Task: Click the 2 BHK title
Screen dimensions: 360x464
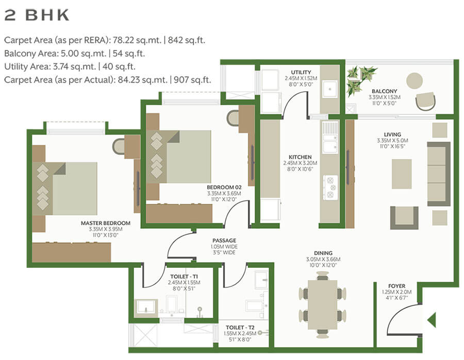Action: [37, 15]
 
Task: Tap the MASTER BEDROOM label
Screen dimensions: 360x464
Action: [105, 223]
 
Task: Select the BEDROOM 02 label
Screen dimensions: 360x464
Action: [224, 186]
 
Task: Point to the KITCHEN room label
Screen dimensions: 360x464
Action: [300, 157]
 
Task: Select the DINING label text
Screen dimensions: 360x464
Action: [323, 253]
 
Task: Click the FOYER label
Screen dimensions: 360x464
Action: [396, 286]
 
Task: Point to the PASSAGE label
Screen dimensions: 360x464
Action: [224, 240]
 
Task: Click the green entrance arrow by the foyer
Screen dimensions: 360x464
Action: [432, 320]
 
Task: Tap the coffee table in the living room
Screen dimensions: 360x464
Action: [402, 174]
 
